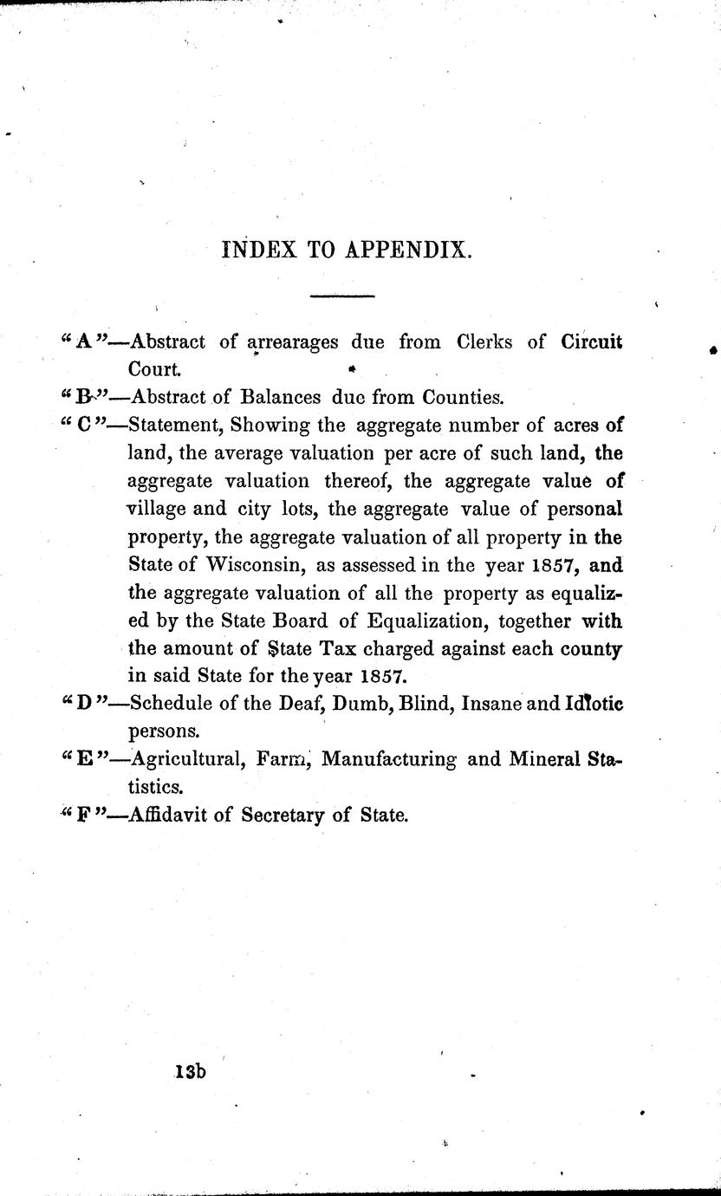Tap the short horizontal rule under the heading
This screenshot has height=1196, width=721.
point(341,297)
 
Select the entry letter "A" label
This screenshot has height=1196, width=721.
point(84,341)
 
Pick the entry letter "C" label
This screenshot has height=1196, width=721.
point(84,426)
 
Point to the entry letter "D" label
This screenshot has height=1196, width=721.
point(84,704)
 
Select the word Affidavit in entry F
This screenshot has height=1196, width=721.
point(168,816)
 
